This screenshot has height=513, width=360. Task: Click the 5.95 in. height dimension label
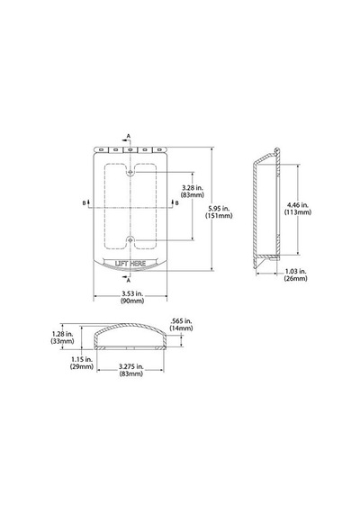click(219, 211)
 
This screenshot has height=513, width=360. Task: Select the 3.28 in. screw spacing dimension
click(192, 191)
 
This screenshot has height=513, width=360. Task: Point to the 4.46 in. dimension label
click(298, 209)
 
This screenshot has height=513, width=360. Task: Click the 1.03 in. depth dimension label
click(295, 274)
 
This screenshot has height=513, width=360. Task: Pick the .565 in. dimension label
click(181, 325)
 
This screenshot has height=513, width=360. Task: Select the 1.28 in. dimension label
click(62, 337)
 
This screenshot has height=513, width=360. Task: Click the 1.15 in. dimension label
click(82, 363)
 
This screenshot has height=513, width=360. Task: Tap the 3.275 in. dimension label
click(130, 370)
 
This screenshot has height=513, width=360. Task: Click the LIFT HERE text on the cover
click(130, 264)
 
